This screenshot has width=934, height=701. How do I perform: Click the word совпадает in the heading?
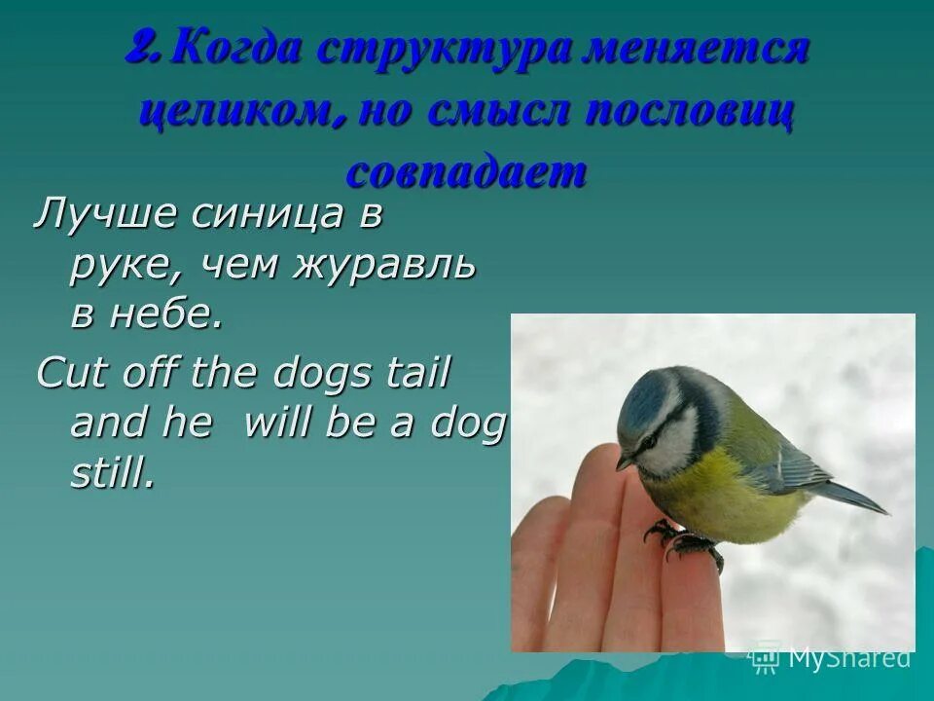[467, 173]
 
